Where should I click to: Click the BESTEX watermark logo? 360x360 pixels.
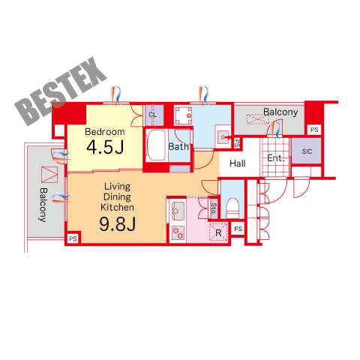(x=61, y=91)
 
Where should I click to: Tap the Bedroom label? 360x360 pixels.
(x=105, y=132)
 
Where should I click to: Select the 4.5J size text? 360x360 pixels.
(x=105, y=147)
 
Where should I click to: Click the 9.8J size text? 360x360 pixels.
(x=118, y=223)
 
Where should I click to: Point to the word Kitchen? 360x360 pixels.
(x=117, y=207)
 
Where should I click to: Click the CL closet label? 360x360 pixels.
(x=152, y=115)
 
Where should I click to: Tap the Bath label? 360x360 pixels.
(x=178, y=146)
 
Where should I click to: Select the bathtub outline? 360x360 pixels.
(x=156, y=145)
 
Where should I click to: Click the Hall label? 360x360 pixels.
(x=238, y=163)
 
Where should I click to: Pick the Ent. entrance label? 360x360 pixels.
(x=276, y=158)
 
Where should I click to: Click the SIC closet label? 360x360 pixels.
(x=307, y=151)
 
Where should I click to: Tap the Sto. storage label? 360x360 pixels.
(x=214, y=208)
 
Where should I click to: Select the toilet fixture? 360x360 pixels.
(x=232, y=208)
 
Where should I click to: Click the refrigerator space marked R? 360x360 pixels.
(x=218, y=232)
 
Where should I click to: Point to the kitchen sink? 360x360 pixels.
(x=178, y=211)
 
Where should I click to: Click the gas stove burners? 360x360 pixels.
(x=178, y=233)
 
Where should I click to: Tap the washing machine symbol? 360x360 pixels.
(x=184, y=115)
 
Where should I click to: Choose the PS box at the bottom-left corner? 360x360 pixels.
(x=73, y=238)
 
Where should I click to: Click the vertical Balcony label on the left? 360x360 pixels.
(x=43, y=205)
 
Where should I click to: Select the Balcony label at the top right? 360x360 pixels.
(x=280, y=112)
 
